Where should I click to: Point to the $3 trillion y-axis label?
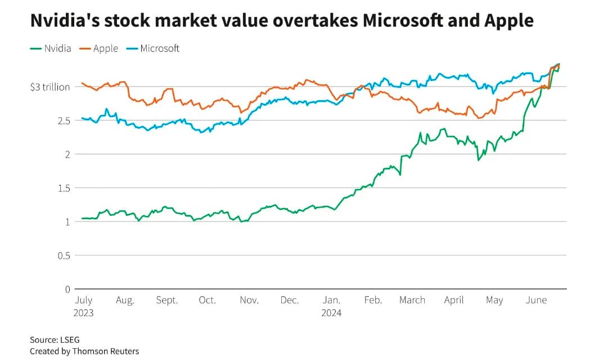point(51,87)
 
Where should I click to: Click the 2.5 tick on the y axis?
point(64,120)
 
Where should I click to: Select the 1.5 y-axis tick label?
point(64,188)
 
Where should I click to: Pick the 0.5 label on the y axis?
point(64,255)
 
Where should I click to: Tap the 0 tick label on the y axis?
point(67,289)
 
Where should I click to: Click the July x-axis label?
point(83,300)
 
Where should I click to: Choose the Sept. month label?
point(167,300)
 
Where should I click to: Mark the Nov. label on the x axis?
point(249,300)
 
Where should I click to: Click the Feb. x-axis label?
point(373,300)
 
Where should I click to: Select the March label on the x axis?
point(412,300)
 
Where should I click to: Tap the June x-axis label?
point(536,300)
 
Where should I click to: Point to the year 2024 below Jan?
point(332,313)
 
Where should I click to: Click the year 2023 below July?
point(83,313)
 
